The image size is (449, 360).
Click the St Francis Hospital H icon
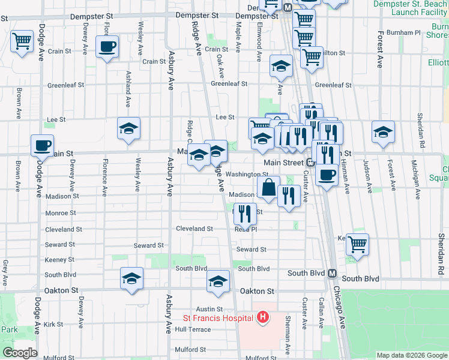[262, 317]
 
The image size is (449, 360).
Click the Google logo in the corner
[19, 353]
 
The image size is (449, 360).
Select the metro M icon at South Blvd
[331, 273]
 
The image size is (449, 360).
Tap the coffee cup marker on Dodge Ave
[42, 146]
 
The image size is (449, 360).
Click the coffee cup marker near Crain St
[107, 47]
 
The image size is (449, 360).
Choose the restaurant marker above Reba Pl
[245, 213]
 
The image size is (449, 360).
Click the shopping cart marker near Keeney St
[357, 245]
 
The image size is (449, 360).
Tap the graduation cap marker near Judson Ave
[383, 133]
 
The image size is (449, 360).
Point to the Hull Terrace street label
[193, 329]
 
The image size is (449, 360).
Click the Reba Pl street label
[246, 229]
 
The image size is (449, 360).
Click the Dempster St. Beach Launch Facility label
[411, 8]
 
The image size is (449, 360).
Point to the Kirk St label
[53, 324]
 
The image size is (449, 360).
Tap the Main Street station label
[284, 163]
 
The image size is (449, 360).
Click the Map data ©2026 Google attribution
[412, 355]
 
